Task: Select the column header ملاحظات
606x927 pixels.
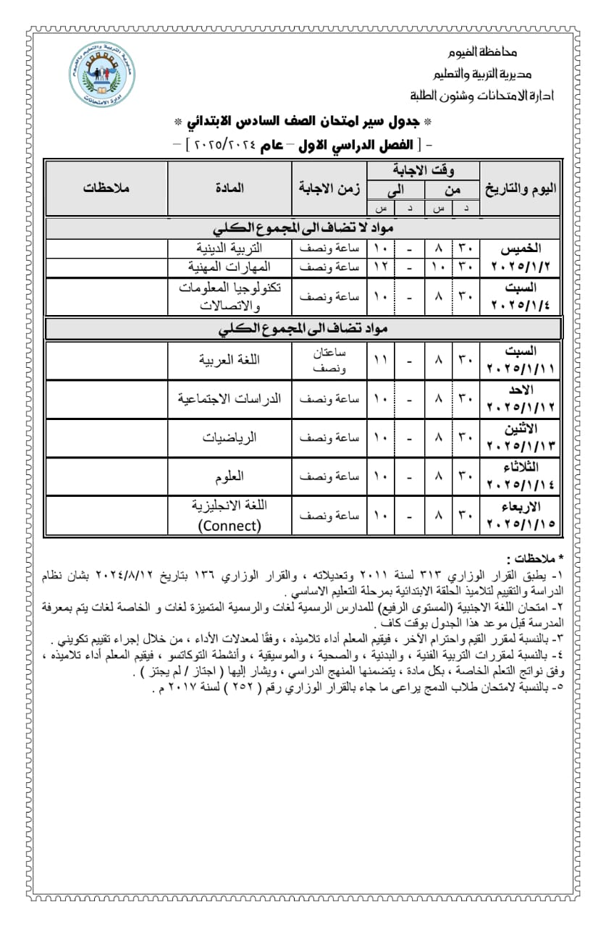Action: point(106,188)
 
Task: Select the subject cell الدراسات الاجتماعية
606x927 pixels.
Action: point(230,398)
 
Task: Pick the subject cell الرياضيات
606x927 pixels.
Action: point(230,437)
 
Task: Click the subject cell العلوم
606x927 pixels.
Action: point(230,476)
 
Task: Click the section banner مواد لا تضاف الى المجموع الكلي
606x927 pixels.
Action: point(303,229)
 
